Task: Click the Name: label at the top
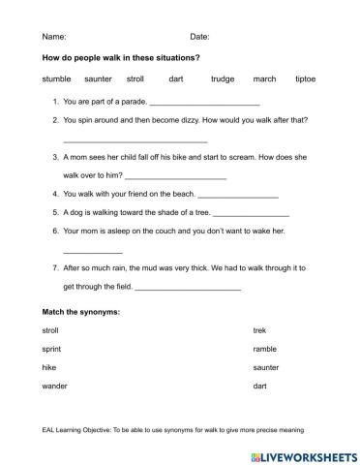point(53,36)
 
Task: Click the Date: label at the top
point(199,36)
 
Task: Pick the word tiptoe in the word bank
point(305,78)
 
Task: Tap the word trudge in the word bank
point(223,78)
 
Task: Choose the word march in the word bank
point(264,78)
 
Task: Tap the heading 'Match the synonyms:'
point(80,312)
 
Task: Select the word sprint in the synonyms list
point(52,349)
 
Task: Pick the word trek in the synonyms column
point(258,330)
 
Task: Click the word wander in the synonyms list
point(54,386)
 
